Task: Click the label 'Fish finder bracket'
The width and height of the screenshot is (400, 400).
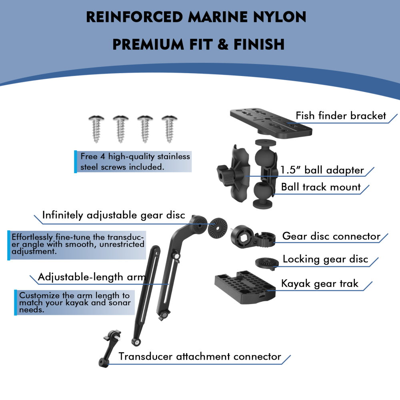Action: pyautogui.click(x=341, y=116)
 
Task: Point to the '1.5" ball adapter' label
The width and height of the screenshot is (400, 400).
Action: pyautogui.click(x=322, y=170)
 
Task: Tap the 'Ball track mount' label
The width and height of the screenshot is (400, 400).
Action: pyautogui.click(x=321, y=187)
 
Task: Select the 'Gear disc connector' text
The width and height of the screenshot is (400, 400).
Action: pyautogui.click(x=331, y=236)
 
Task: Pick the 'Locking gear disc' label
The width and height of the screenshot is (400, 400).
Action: pyautogui.click(x=325, y=259)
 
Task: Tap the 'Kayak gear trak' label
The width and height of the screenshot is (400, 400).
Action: pyautogui.click(x=320, y=284)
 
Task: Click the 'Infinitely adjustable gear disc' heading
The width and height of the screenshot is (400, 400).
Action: pyautogui.click(x=114, y=215)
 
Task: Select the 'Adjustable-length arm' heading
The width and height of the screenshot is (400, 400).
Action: pyautogui.click(x=91, y=277)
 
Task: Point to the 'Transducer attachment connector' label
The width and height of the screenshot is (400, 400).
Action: pyautogui.click(x=200, y=356)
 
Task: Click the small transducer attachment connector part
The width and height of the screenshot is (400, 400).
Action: pyautogui.click(x=107, y=348)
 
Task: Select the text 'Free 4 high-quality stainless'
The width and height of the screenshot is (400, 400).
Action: pyautogui.click(x=135, y=156)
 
